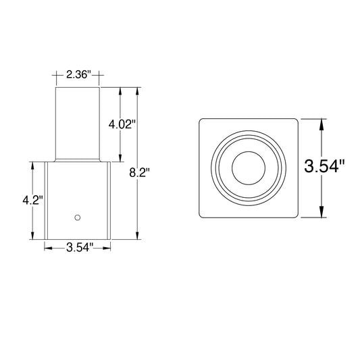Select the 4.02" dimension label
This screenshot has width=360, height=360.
pos(121,125)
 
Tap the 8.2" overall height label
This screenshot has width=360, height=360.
pos(139,173)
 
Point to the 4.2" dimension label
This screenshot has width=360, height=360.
pos(33,201)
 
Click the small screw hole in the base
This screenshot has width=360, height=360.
pos(78,217)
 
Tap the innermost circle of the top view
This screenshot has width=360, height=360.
pos(249,168)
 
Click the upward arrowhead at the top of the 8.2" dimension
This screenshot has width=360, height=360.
pos(138,91)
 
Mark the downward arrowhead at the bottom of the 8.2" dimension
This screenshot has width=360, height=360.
pos(138,236)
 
